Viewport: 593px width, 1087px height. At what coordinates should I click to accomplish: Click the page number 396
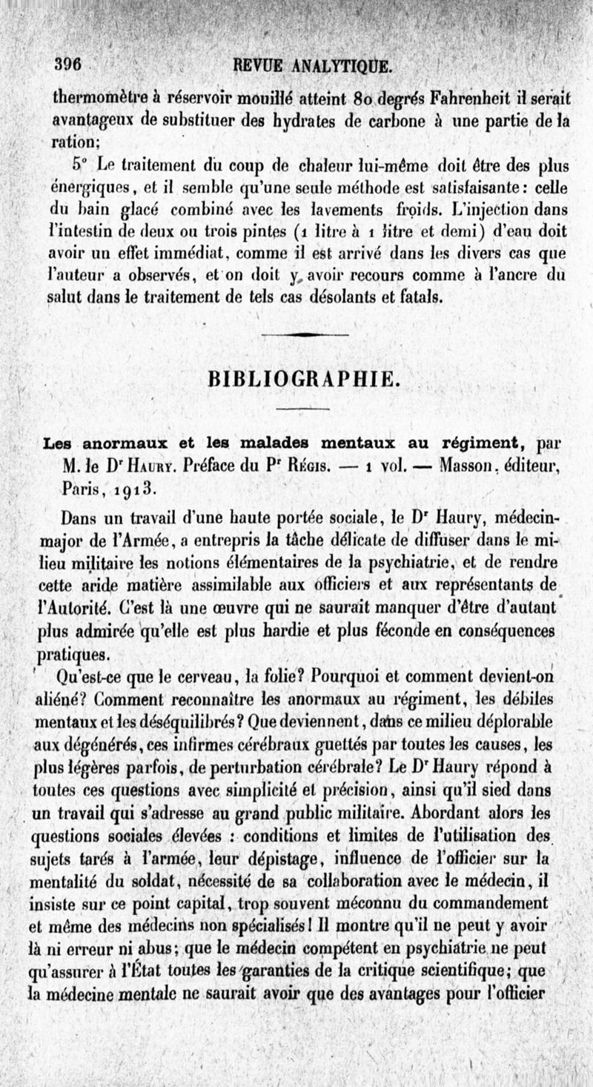tap(67, 63)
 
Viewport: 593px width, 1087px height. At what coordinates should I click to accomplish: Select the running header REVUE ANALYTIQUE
tap(312, 65)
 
